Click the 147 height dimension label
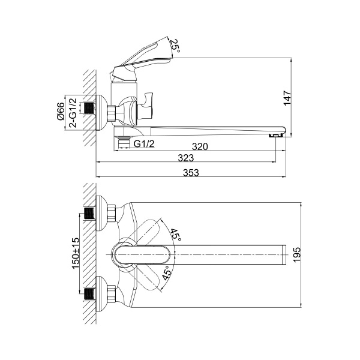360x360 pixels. coord(287,98)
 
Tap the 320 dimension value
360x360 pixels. coord(200,146)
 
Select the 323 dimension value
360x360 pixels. coord(186,158)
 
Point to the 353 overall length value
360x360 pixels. coord(191,173)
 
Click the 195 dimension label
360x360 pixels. coord(297,254)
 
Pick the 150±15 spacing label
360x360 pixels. coord(76,253)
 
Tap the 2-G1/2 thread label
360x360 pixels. coord(73,113)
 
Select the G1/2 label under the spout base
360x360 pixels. coord(144,144)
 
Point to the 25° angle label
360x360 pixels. coord(175,45)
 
